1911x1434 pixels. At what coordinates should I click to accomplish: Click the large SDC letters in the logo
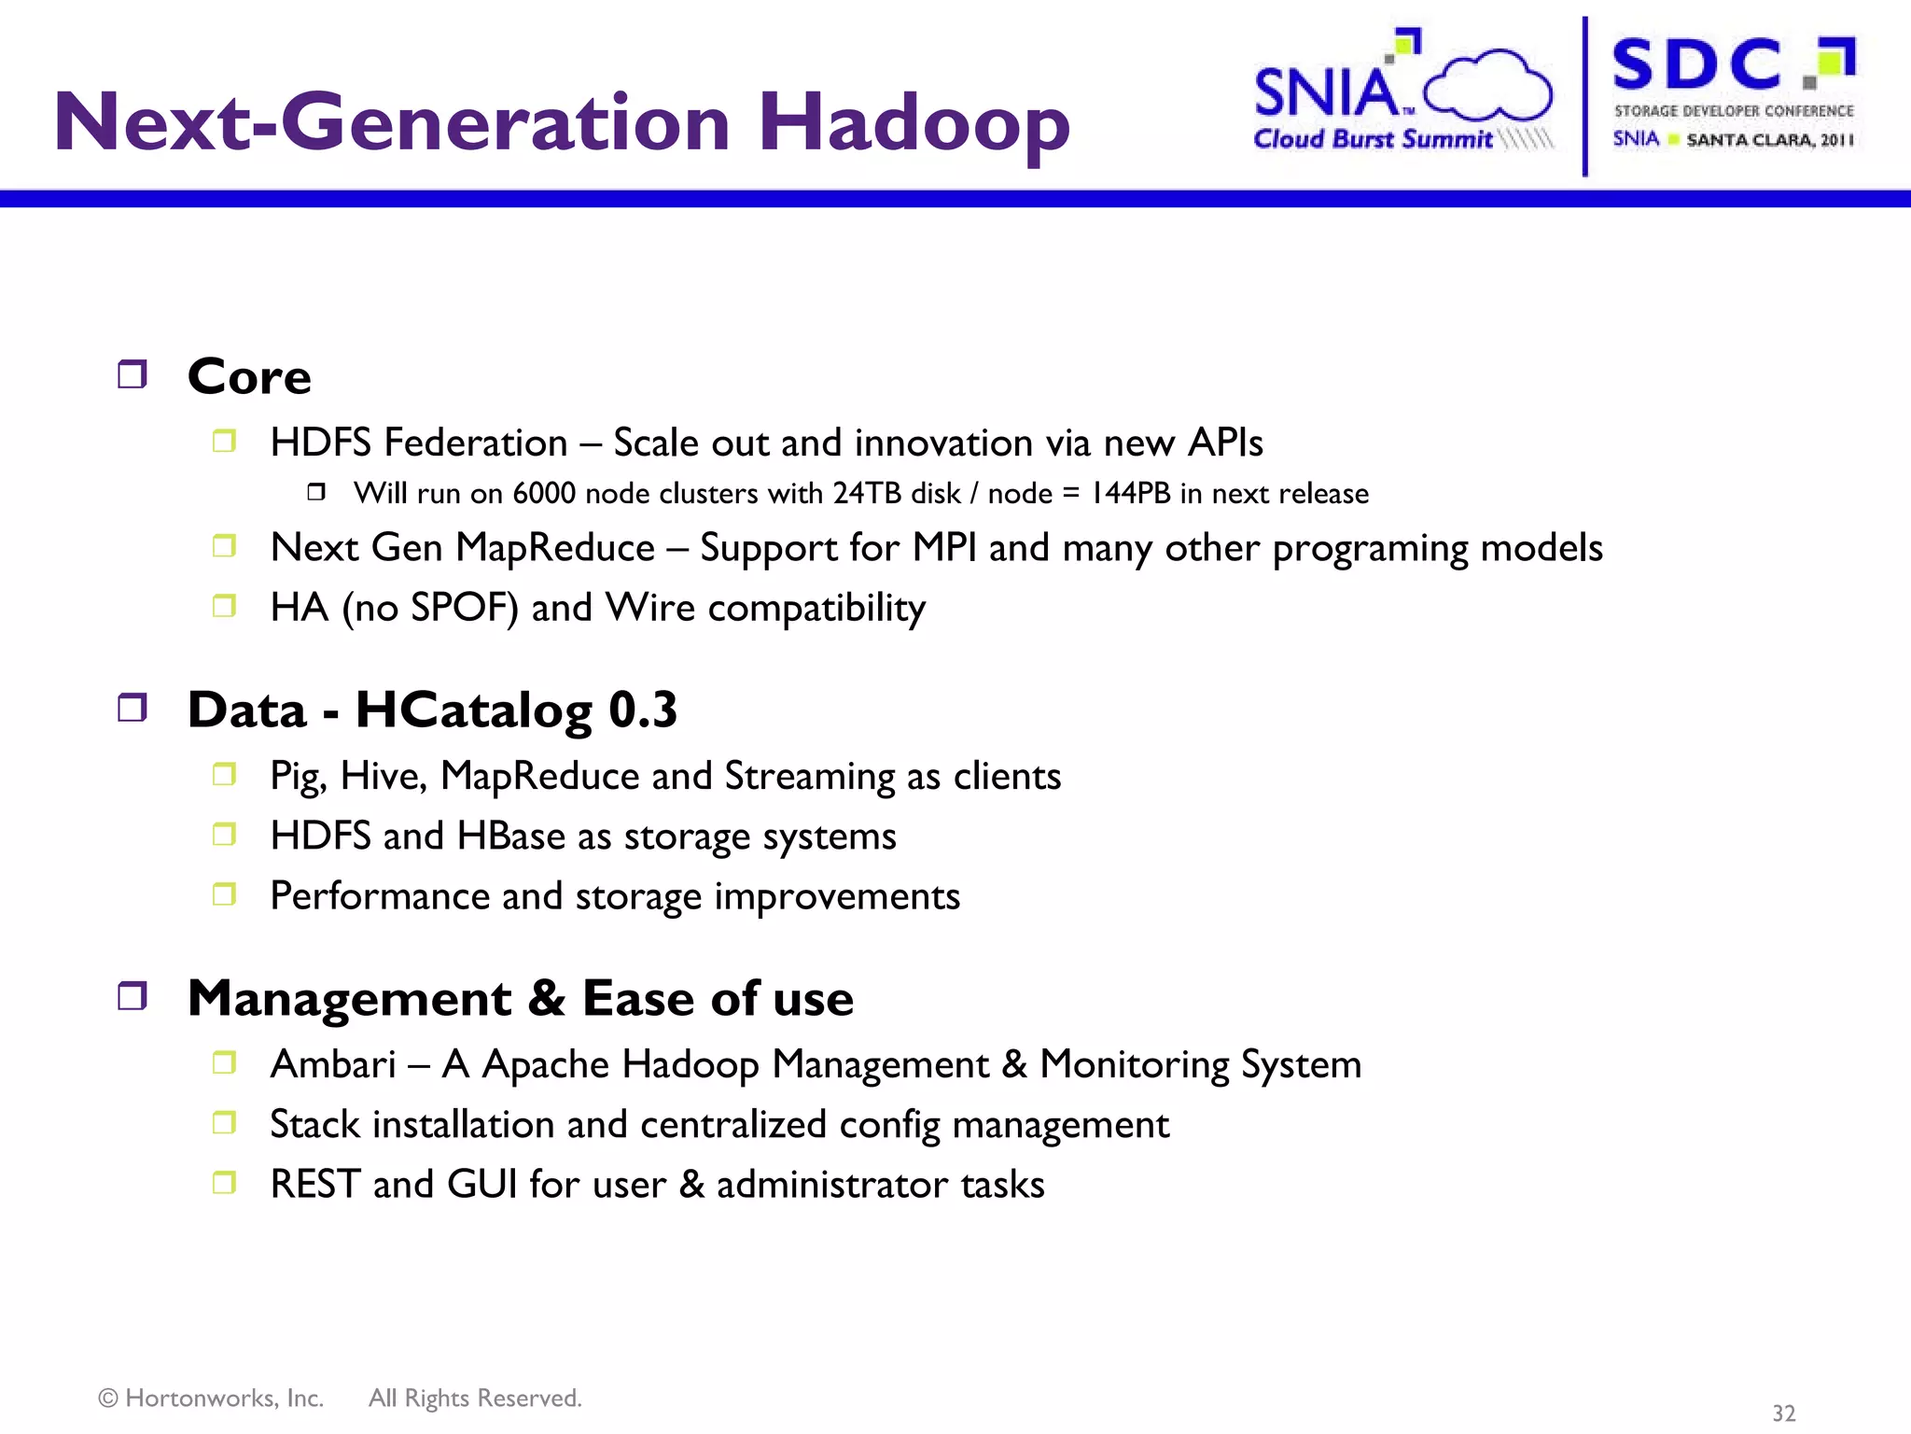pos(1696,65)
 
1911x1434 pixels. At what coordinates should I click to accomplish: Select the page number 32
pos(1783,1413)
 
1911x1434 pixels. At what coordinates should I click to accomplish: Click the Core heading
pos(249,377)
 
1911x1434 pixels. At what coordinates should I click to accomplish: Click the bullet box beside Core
pos(133,374)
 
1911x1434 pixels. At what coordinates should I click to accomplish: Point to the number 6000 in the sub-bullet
pos(544,493)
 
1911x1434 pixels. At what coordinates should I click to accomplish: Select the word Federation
pos(476,443)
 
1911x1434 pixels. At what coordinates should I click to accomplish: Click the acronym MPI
pos(944,548)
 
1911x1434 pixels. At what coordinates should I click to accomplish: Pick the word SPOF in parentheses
pos(464,608)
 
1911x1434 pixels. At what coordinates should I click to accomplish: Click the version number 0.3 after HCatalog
pos(642,710)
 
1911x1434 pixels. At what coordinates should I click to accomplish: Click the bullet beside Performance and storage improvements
pos(224,894)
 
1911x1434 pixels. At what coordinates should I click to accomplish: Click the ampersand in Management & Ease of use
pos(547,998)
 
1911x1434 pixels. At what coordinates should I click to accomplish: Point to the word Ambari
pos(333,1064)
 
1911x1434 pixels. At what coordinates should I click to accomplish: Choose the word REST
pos(314,1184)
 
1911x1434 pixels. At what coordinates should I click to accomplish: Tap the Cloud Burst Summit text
pos(1372,139)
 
